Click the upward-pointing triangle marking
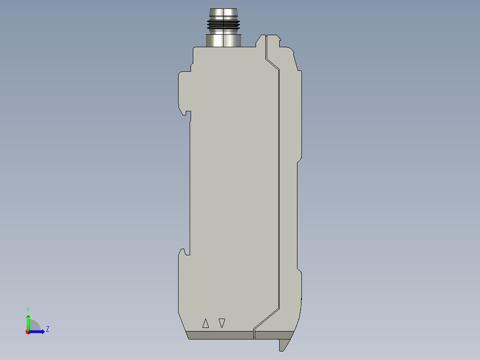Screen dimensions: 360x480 click(205, 323)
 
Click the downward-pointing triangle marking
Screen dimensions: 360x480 click(222, 323)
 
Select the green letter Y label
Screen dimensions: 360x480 click(28, 309)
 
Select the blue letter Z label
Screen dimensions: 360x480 click(48, 329)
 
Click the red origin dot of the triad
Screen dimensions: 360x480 click(28, 332)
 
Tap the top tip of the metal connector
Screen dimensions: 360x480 click(223, 10)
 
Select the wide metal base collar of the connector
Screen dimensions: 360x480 click(223, 40)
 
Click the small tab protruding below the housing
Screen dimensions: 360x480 click(284, 344)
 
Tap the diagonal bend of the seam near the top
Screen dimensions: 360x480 click(272, 63)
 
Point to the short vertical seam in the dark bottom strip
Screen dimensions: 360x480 click(254, 334)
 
